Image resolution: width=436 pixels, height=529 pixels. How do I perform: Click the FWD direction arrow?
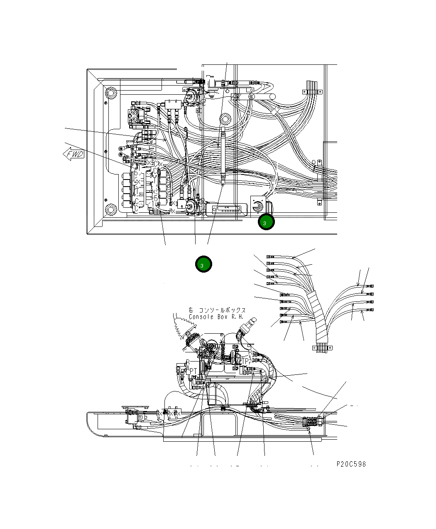[x=73, y=154]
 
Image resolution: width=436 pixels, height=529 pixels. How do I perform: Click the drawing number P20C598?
[x=351, y=464]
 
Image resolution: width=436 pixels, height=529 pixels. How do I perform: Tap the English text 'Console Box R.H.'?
[x=216, y=317]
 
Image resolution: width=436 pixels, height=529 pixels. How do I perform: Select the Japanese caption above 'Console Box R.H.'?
[x=217, y=310]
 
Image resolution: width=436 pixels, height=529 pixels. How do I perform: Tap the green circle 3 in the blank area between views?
[x=203, y=264]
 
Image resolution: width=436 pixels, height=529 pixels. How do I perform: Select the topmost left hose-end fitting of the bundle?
[x=270, y=256]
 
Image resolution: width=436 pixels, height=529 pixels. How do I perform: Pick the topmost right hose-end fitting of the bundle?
[x=370, y=286]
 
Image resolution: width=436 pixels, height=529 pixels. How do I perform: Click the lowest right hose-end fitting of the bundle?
[x=370, y=310]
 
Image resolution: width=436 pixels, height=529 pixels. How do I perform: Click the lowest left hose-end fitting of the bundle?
[x=284, y=322]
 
